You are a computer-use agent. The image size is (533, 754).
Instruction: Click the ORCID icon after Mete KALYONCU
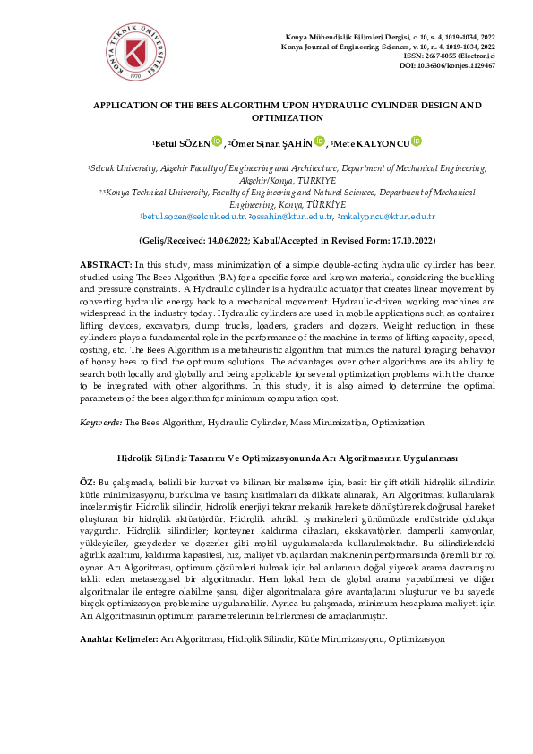(417, 141)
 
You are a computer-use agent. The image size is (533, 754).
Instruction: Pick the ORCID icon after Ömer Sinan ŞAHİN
(320, 141)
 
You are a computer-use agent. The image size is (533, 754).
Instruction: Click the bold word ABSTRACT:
(106, 266)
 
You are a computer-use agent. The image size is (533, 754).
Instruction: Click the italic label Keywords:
(101, 422)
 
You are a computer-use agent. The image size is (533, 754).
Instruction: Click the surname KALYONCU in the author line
(385, 142)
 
